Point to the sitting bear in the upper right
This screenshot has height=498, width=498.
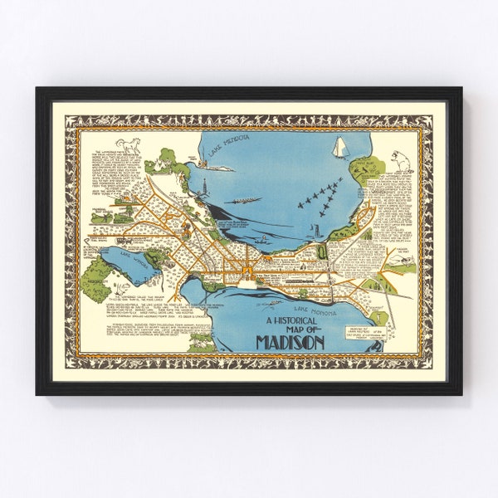coord(404,158)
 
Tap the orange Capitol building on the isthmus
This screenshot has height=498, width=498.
coord(247,270)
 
